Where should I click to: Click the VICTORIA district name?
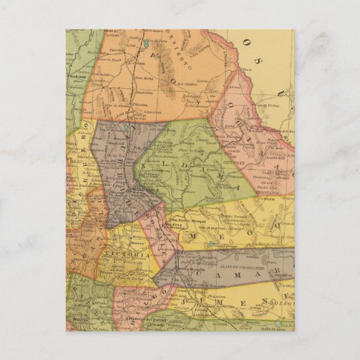[134, 254]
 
